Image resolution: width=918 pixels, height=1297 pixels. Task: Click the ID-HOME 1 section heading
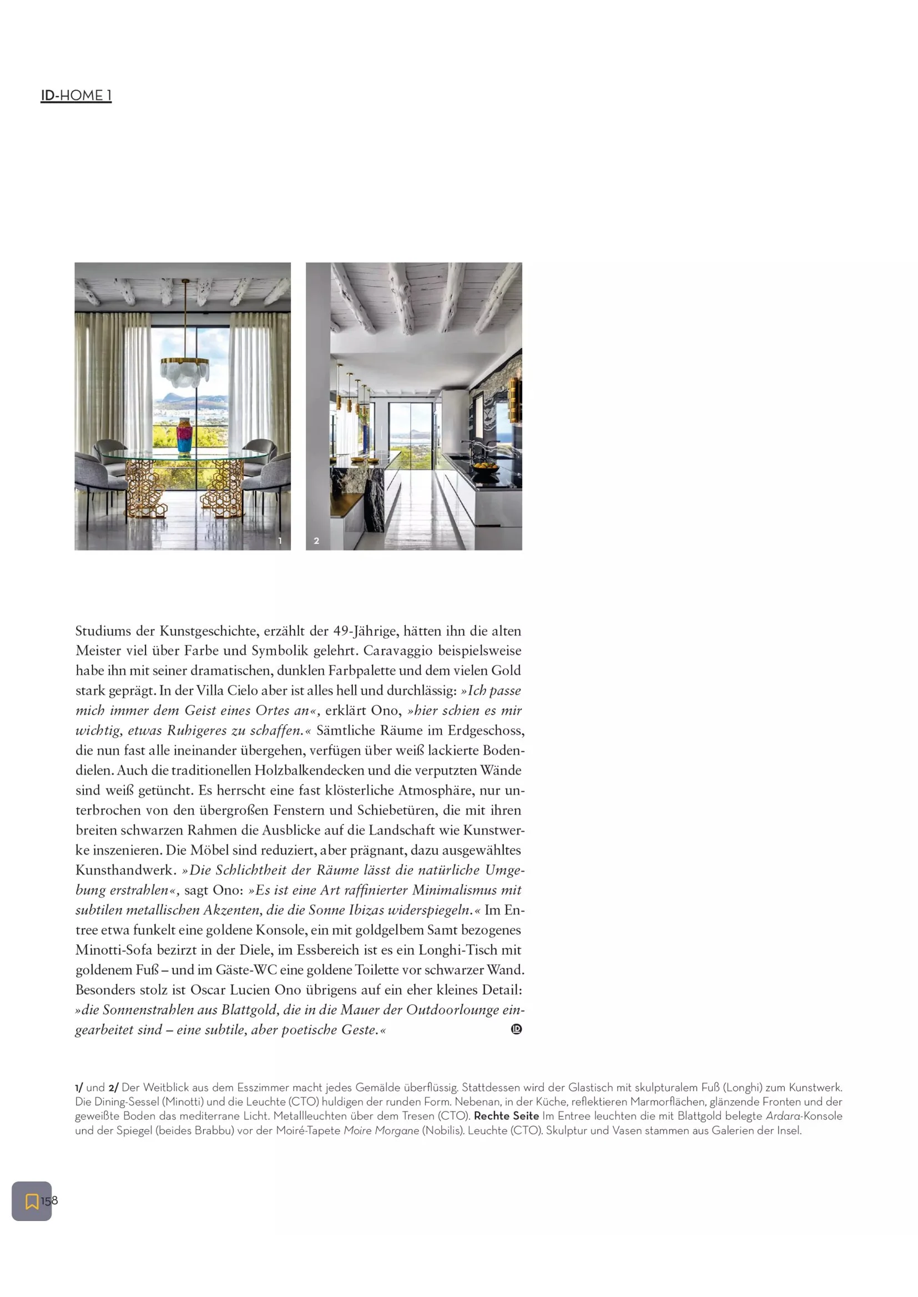pyautogui.click(x=75, y=95)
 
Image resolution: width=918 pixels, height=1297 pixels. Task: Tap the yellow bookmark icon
pyautogui.click(x=32, y=1201)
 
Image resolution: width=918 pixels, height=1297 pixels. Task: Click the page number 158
pyautogui.click(x=49, y=1200)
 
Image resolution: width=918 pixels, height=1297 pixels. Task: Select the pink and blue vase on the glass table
pyautogui.click(x=184, y=436)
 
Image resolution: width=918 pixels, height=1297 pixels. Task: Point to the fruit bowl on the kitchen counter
pyautogui.click(x=486, y=466)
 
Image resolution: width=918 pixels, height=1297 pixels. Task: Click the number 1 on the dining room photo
pyautogui.click(x=280, y=541)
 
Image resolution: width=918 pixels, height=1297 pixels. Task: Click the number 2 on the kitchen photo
pyautogui.click(x=316, y=541)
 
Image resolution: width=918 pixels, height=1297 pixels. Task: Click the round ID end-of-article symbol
pyautogui.click(x=516, y=1029)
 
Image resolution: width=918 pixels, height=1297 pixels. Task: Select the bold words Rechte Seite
pyautogui.click(x=506, y=1116)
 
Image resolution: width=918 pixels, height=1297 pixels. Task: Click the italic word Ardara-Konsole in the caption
pyautogui.click(x=804, y=1116)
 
